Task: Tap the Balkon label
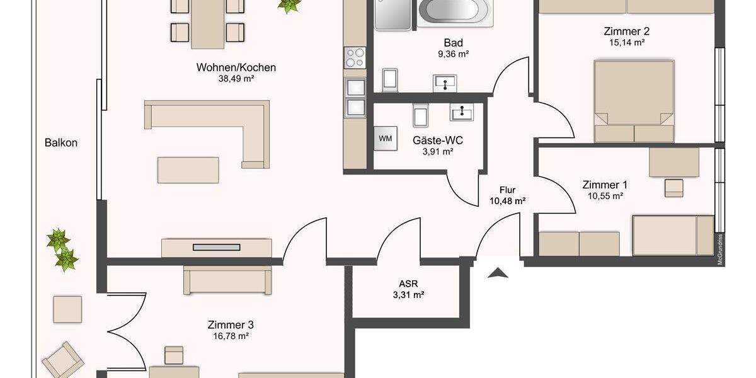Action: (x=61, y=143)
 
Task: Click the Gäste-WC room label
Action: (x=433, y=140)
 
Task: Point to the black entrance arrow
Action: (x=498, y=272)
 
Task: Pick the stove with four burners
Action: (x=354, y=58)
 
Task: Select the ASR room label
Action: (x=409, y=283)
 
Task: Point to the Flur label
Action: (x=508, y=190)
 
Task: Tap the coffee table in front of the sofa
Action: (x=188, y=170)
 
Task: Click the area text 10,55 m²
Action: (x=604, y=196)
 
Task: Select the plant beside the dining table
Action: (x=289, y=6)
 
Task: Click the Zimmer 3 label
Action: (x=231, y=325)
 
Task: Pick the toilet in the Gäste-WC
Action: (x=421, y=115)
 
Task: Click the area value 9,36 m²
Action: (x=454, y=54)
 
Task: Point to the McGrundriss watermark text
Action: (x=719, y=250)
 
